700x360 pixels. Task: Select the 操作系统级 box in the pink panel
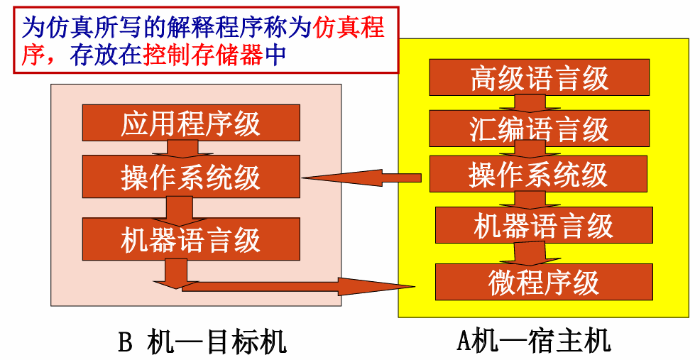click(191, 177)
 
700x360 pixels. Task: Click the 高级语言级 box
click(539, 77)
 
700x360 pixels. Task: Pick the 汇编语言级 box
click(539, 129)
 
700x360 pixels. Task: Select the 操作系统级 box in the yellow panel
click(539, 174)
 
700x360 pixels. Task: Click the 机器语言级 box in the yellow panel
click(544, 225)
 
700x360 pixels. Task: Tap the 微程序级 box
click(544, 282)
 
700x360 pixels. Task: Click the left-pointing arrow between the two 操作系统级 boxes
click(362, 178)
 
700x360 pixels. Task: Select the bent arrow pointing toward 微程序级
click(284, 285)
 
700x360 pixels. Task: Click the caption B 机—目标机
click(202, 343)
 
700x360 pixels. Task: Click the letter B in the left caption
click(125, 343)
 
